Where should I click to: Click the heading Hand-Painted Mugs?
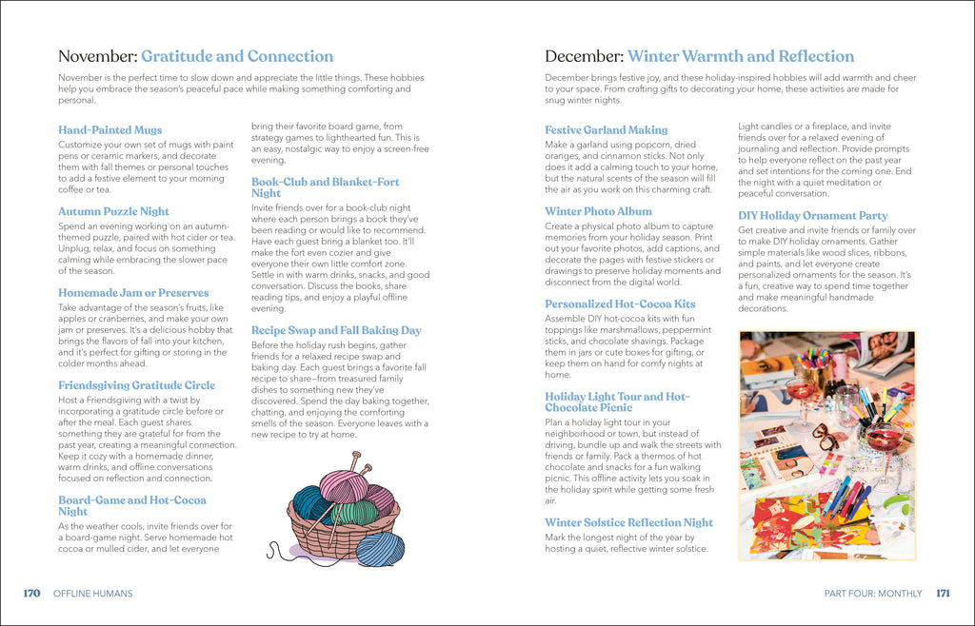click(109, 130)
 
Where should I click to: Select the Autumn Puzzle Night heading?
click(113, 212)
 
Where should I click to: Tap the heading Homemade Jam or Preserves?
click(132, 293)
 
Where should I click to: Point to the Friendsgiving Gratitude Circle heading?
click(136, 386)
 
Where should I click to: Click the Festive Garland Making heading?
click(606, 130)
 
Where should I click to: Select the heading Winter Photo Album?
click(598, 212)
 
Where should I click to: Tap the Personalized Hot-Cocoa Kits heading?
click(620, 304)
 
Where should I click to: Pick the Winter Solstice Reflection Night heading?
click(628, 522)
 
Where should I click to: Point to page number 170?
click(31, 594)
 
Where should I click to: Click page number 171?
click(943, 594)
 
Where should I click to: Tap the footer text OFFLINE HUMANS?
click(92, 594)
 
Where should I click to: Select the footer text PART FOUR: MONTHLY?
click(873, 594)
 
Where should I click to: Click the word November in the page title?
click(97, 57)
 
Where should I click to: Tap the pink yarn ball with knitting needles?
click(344, 484)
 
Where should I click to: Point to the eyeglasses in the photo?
click(825, 436)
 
